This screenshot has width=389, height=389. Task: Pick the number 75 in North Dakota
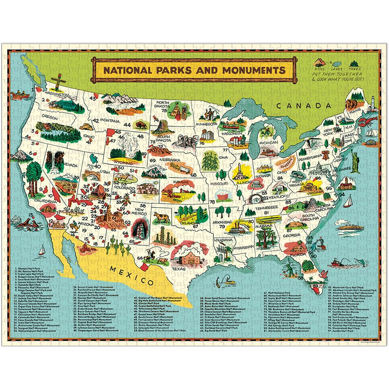click(x=164, y=110)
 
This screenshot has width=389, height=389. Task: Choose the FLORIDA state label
click(x=298, y=255)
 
